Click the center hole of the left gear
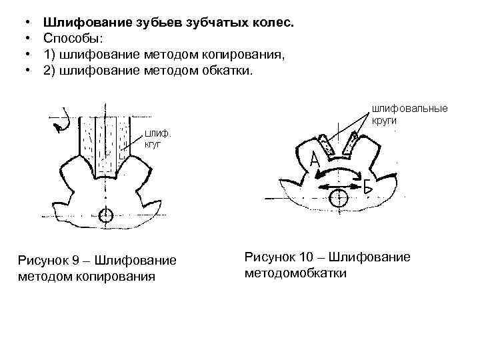coord(105,216)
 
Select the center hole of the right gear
coord(339,197)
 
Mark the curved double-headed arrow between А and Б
coord(339,172)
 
